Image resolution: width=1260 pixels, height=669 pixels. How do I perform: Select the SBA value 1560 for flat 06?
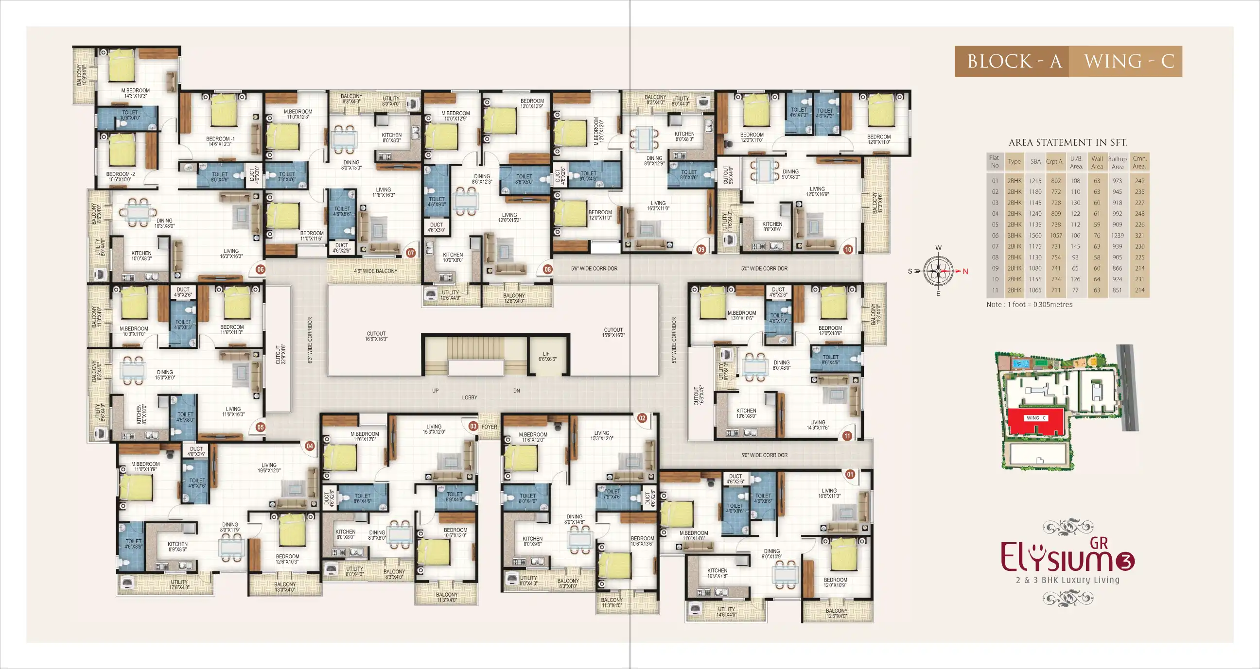pyautogui.click(x=1035, y=236)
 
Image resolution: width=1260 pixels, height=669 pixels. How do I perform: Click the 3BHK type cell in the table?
pyautogui.click(x=1014, y=236)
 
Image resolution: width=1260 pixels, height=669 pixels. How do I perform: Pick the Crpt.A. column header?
pyautogui.click(x=1054, y=161)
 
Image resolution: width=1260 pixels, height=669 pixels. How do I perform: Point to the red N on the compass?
pyautogui.click(x=965, y=272)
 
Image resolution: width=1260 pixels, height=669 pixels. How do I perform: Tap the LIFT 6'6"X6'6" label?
pyautogui.click(x=547, y=356)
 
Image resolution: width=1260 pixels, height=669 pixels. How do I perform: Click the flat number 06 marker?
pyautogui.click(x=260, y=270)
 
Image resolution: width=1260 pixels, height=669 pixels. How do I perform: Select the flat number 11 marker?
pyautogui.click(x=847, y=436)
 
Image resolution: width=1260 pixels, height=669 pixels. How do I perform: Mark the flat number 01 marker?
pyautogui.click(x=850, y=474)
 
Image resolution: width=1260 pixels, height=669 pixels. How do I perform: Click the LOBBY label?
pyautogui.click(x=469, y=397)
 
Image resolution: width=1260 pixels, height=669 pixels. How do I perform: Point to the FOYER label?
pyautogui.click(x=489, y=427)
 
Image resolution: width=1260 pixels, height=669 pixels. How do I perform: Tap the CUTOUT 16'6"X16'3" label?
pyautogui.click(x=376, y=336)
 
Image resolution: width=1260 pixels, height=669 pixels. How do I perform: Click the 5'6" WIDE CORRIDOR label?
pyautogui.click(x=594, y=269)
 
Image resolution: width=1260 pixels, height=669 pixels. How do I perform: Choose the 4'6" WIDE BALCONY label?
pyautogui.click(x=376, y=271)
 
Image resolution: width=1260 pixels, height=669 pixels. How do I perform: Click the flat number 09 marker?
pyautogui.click(x=701, y=249)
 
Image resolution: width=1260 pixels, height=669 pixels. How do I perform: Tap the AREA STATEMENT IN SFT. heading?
pyautogui.click(x=1068, y=142)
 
